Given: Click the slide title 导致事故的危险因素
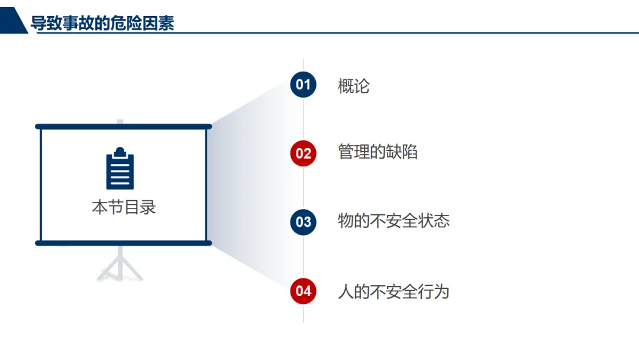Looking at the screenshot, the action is click(x=102, y=24).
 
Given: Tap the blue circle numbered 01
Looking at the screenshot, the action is click(x=303, y=85).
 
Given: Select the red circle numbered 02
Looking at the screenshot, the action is click(x=303, y=153).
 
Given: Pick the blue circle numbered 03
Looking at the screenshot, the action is click(x=303, y=222).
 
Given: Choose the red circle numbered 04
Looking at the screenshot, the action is click(x=303, y=291).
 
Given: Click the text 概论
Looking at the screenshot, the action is click(x=354, y=86).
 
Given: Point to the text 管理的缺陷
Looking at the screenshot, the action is click(x=377, y=152).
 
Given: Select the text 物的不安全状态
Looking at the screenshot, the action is click(x=393, y=221).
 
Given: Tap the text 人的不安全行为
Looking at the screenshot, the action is click(x=393, y=291).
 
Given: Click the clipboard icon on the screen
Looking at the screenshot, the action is click(x=120, y=169).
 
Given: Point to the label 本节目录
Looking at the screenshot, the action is click(x=124, y=207).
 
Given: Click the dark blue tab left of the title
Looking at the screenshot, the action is click(x=13, y=22).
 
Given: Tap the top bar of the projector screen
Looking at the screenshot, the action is click(x=123, y=127).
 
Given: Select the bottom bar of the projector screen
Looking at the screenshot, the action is click(x=123, y=243).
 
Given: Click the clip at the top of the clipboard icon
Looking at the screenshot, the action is click(x=120, y=151).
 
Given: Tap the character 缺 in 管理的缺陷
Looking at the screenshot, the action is click(x=393, y=152).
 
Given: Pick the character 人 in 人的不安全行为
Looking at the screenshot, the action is click(x=346, y=291).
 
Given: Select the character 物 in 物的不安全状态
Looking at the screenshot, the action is click(x=346, y=221).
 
